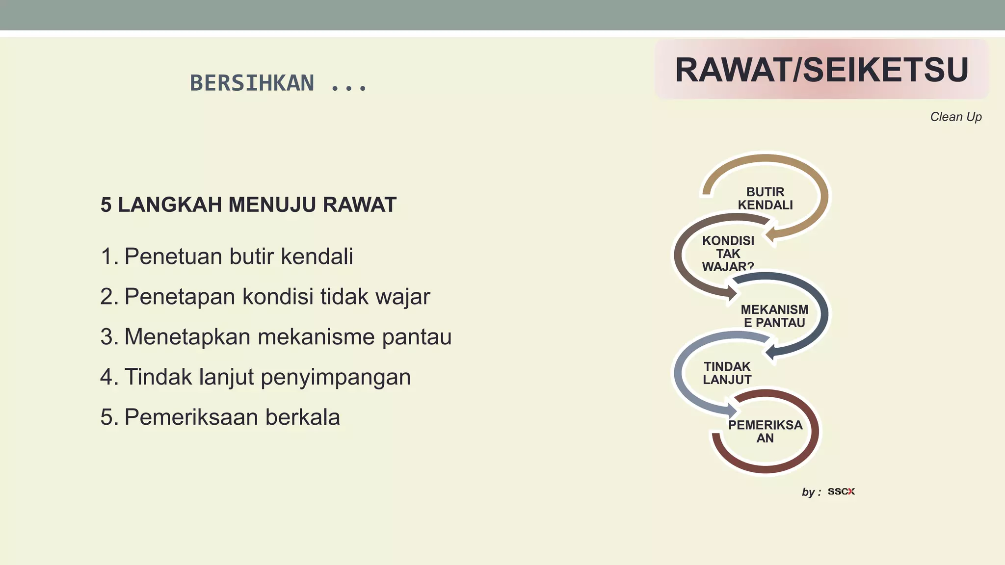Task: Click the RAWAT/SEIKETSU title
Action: pos(821,70)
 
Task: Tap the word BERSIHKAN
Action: pos(252,83)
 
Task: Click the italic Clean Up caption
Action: pos(955,117)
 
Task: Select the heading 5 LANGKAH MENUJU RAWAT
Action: pos(248,205)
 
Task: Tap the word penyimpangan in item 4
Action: pos(335,377)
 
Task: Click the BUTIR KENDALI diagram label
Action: pos(765,198)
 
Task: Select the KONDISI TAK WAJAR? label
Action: pos(728,254)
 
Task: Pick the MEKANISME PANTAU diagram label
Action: pos(774,316)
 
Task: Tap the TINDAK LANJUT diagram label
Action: pos(727,373)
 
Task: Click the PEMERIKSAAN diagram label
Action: pos(765,431)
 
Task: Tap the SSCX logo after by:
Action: pos(841,491)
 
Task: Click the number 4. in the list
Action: pos(109,377)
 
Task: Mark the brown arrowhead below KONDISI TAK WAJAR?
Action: pos(732,293)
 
